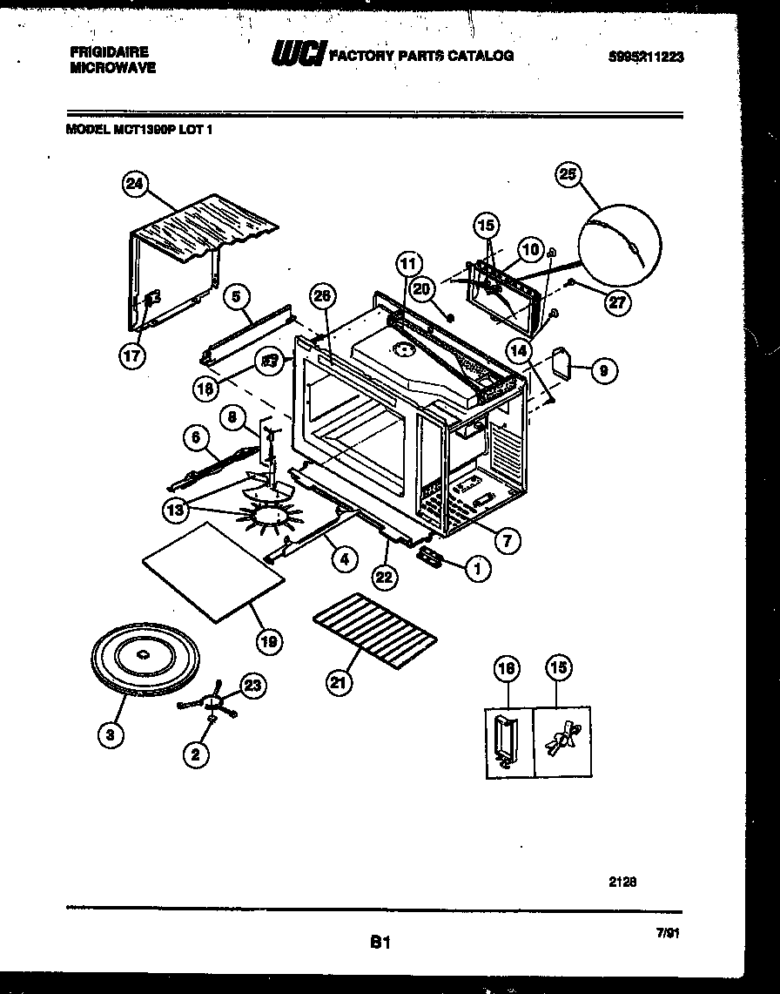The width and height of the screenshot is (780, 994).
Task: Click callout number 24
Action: tap(134, 184)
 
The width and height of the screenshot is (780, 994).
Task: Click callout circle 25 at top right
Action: tap(568, 175)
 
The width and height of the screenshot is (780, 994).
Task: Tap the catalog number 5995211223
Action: tap(647, 57)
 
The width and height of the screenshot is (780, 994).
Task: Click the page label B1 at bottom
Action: tap(380, 941)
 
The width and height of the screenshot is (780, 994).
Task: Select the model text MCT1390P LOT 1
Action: tap(139, 129)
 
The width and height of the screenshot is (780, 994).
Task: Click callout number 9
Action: tap(602, 370)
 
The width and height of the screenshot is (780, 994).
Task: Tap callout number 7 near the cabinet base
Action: tap(507, 540)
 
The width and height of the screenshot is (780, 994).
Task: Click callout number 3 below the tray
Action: tap(108, 734)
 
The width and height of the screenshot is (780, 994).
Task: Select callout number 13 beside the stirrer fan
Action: tap(177, 511)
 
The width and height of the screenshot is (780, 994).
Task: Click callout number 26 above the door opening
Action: tap(322, 296)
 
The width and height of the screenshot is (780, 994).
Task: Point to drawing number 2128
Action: tap(622, 881)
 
